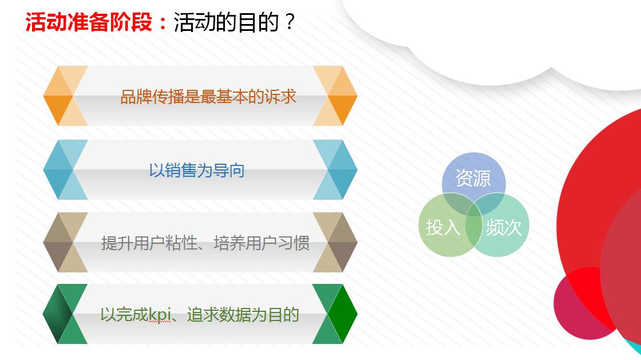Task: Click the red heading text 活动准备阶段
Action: [x=90, y=23]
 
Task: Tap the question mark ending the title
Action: [x=289, y=23]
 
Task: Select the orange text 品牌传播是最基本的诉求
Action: [x=208, y=96]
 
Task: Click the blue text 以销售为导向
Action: [x=197, y=170]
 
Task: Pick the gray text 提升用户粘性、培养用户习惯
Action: [x=205, y=243]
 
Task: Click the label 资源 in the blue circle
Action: [x=473, y=178]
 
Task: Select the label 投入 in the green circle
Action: [x=443, y=227]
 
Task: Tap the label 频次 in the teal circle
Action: [x=504, y=227]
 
